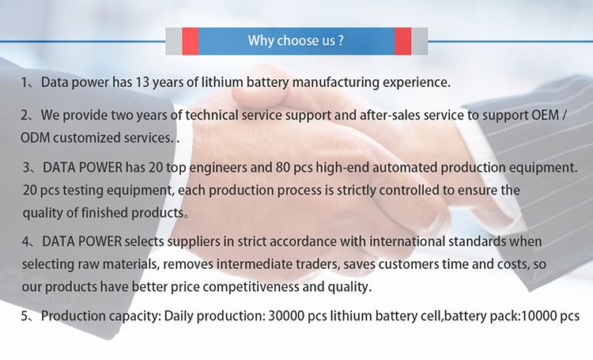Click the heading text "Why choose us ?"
tap(296, 40)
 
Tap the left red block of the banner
tap(191, 41)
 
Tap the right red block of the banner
tap(402, 41)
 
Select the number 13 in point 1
tap(142, 82)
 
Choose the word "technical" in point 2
tap(212, 116)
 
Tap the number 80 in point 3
tap(282, 168)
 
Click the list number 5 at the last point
tap(25, 316)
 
